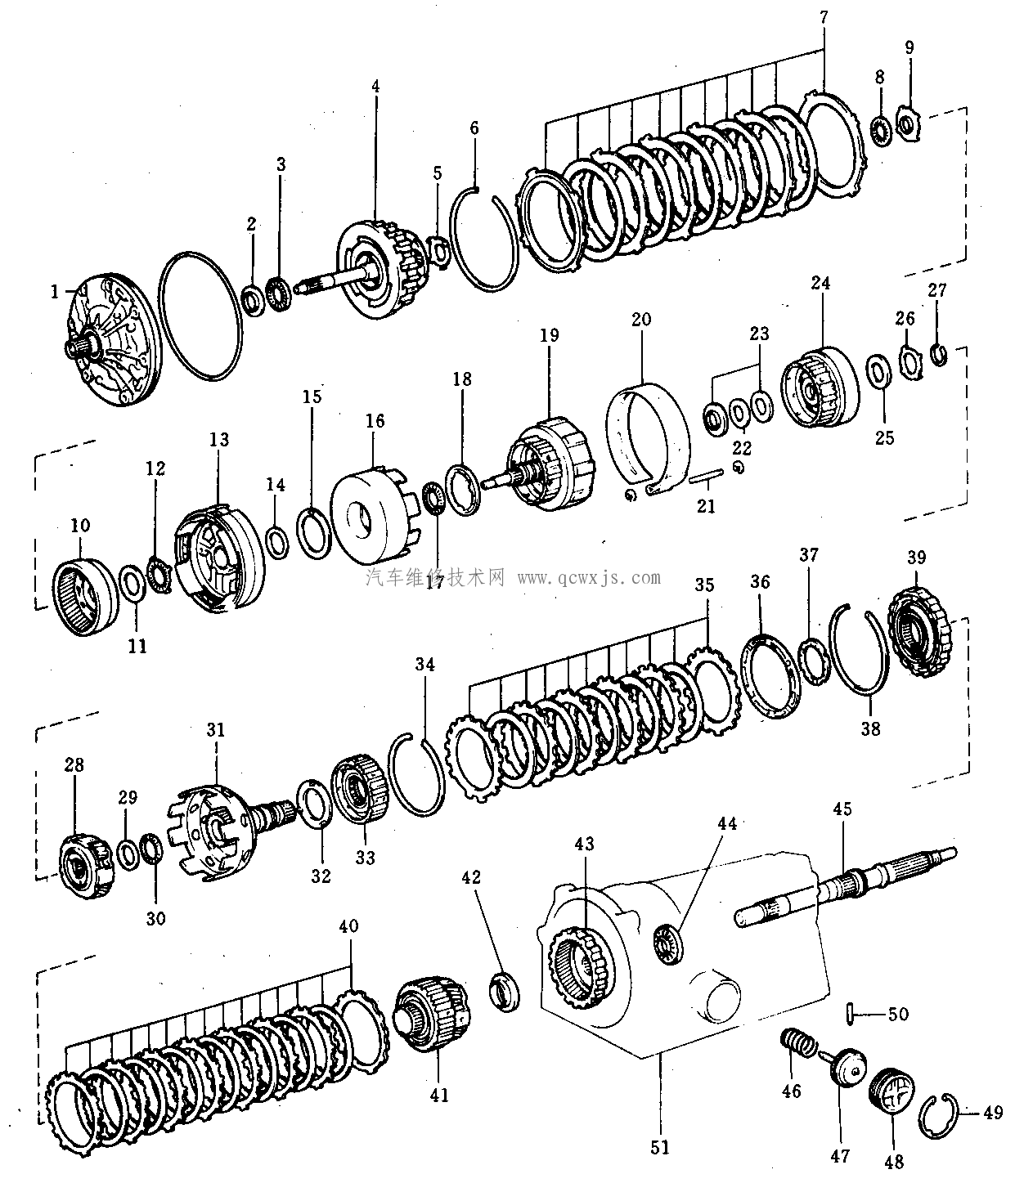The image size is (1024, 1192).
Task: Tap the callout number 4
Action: click(x=375, y=85)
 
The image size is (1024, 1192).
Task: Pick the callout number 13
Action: click(x=219, y=440)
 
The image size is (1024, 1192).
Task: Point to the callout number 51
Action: click(x=660, y=1147)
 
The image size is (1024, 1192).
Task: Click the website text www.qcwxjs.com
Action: click(x=589, y=578)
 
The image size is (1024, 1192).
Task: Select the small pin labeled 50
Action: click(x=851, y=1014)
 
